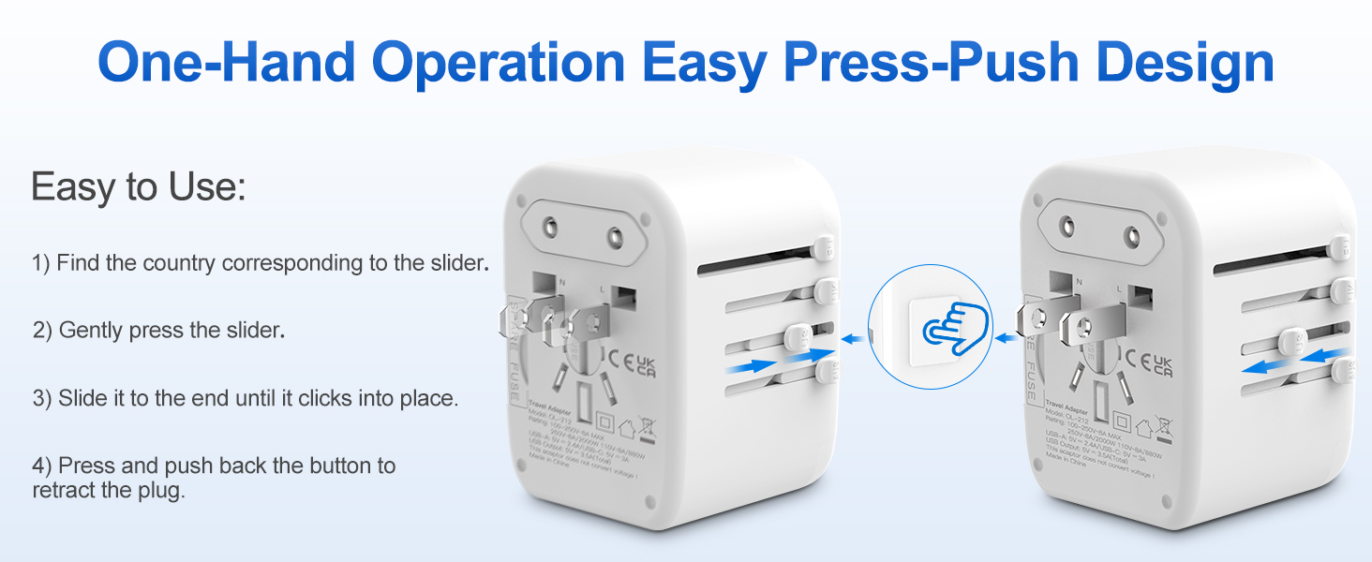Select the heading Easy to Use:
139,187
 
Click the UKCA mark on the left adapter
647,365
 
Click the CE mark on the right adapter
1132,360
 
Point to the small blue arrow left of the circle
852,339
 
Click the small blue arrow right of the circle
1004,339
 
